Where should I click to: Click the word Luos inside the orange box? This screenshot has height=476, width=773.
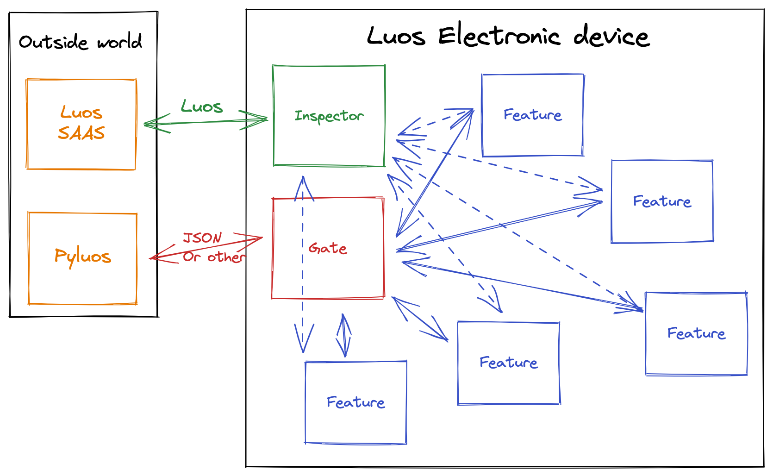(81, 113)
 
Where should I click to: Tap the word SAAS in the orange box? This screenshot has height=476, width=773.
(81, 133)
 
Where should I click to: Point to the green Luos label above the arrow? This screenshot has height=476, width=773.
(202, 106)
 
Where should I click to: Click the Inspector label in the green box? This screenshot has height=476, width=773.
(329, 115)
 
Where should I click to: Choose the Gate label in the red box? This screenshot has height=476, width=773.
(328, 248)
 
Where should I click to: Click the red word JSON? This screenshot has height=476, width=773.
(202, 238)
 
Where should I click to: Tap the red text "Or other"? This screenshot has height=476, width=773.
(214, 257)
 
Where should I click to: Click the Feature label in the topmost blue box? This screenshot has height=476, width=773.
(533, 115)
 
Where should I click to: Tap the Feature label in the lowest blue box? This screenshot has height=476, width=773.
(355, 402)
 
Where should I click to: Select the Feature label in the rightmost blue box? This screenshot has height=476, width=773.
(696, 333)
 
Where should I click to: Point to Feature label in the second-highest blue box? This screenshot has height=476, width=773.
(662, 201)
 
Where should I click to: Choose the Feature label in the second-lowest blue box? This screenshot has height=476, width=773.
(508, 363)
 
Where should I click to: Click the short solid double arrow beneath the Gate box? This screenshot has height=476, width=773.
(343, 335)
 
